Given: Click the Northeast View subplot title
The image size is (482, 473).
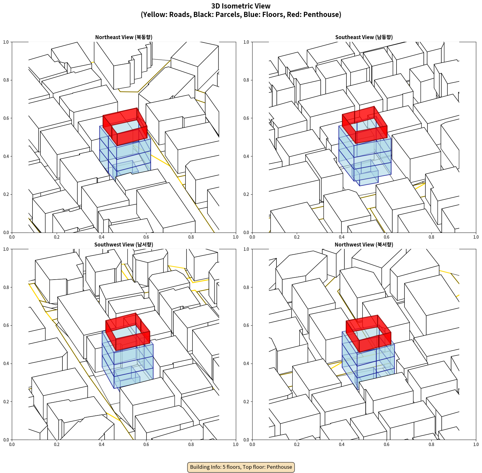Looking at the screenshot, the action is [x=124, y=37].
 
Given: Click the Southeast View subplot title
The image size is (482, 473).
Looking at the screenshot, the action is [x=364, y=37].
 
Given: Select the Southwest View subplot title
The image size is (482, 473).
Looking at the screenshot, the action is [x=124, y=245].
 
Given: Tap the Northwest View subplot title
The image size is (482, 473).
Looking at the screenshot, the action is [x=364, y=245].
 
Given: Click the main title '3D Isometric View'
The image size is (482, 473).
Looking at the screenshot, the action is [x=241, y=6].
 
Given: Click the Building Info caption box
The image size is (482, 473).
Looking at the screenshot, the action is [x=241, y=467].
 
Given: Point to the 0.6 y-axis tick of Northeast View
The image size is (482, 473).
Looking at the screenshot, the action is [x=6, y=118].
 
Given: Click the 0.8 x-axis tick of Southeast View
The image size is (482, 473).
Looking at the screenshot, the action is [x=431, y=237].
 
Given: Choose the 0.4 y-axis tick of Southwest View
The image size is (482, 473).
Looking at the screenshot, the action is [x=6, y=364].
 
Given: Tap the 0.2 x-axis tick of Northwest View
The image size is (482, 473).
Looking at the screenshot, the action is [x=297, y=444].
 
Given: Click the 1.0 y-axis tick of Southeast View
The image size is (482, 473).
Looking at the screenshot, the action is [x=246, y=42].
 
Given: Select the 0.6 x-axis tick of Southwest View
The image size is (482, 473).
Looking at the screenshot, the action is [x=146, y=444].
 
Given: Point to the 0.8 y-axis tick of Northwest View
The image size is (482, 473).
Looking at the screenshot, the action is [x=246, y=287].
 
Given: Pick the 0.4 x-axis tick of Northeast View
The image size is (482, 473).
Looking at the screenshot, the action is [x=102, y=237].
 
